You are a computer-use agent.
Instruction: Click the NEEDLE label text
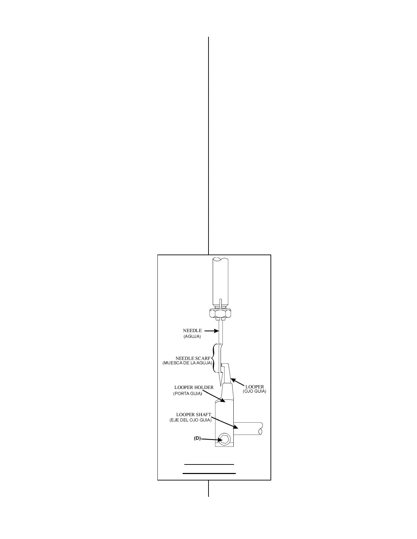[x=192, y=330]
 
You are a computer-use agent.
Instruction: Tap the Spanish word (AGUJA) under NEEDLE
[x=192, y=337]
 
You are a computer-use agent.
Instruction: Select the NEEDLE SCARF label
[x=193, y=358]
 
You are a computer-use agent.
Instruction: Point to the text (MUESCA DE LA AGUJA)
[x=187, y=363]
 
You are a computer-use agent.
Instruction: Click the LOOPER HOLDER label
[x=194, y=387]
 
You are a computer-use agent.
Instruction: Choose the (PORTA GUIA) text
[x=188, y=394]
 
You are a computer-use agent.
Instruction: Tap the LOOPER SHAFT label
[x=194, y=415]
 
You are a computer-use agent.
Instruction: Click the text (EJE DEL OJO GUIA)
[x=190, y=420]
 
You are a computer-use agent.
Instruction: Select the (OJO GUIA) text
[x=254, y=391]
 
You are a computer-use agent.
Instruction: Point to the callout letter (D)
[x=197, y=439]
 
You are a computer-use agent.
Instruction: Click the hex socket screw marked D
[x=224, y=439]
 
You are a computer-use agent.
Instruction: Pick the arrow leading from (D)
[x=211, y=439]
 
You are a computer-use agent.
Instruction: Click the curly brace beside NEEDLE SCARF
[x=214, y=358]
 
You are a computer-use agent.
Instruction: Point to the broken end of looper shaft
[x=261, y=428]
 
